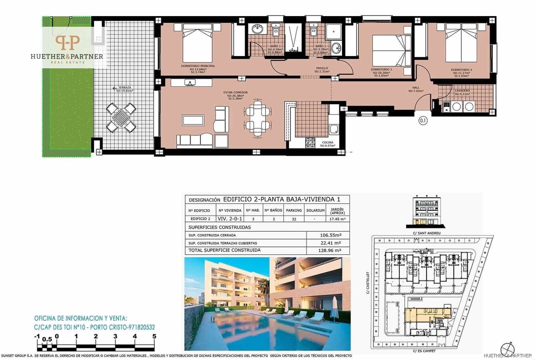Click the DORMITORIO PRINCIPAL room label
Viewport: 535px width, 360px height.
[198, 66]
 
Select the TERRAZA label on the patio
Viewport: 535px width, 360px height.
[125, 88]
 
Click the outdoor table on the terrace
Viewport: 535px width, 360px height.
[121, 117]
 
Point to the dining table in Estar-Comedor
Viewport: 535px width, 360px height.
[257, 118]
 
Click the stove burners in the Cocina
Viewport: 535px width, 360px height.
[310, 143]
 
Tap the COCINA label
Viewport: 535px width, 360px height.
[327, 142]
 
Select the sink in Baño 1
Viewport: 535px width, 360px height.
[257, 29]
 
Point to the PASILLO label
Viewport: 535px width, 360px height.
[322, 68]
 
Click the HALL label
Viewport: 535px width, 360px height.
[416, 88]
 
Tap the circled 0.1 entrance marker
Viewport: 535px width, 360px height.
[423, 121]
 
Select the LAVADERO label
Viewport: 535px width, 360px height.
[462, 91]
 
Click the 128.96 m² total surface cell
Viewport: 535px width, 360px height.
[330, 250]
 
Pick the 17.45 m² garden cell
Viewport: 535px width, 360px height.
[337, 219]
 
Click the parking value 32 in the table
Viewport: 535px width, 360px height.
[294, 219]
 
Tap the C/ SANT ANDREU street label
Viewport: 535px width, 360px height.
[426, 233]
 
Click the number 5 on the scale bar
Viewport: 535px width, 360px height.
[154, 336]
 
